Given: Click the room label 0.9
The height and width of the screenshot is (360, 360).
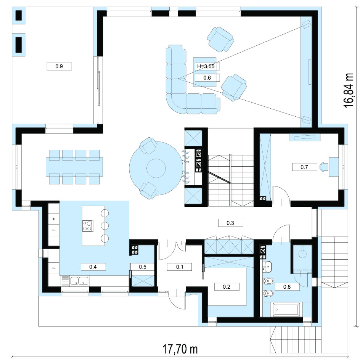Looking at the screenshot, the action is tap(59, 66).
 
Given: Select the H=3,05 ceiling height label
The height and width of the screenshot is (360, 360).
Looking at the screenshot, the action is tap(206, 66).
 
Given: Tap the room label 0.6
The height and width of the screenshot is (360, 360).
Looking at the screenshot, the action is tap(207, 78).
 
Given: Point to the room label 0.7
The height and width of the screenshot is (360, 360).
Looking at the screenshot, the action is tap(304, 167).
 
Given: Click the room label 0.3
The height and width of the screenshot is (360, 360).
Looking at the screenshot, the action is tap(230, 223).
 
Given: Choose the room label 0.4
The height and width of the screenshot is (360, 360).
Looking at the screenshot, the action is tap(93, 267).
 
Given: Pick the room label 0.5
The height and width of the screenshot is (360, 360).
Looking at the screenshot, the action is tap(143, 267).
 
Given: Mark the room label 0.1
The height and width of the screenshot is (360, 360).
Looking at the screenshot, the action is tap(180, 267).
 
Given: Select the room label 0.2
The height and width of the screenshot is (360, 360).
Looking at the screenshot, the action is tap(227, 287).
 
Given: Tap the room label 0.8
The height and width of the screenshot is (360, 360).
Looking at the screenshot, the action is tap(287, 287).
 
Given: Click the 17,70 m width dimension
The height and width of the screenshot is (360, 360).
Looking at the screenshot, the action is tap(180, 349).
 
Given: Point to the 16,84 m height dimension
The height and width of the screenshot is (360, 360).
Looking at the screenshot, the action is tap(349, 90).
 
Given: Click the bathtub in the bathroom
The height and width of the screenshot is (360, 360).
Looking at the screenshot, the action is tap(286, 310).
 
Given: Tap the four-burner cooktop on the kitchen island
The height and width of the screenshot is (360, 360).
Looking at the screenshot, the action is tap(88, 226).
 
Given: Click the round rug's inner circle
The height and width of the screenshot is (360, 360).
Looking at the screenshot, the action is tap(156, 168).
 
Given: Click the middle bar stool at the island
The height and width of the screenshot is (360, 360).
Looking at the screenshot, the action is tap(105, 225).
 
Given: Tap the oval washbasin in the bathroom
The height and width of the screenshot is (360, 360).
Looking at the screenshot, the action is tap(267, 267).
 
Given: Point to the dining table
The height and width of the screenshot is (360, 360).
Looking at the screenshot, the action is tap(74, 167).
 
